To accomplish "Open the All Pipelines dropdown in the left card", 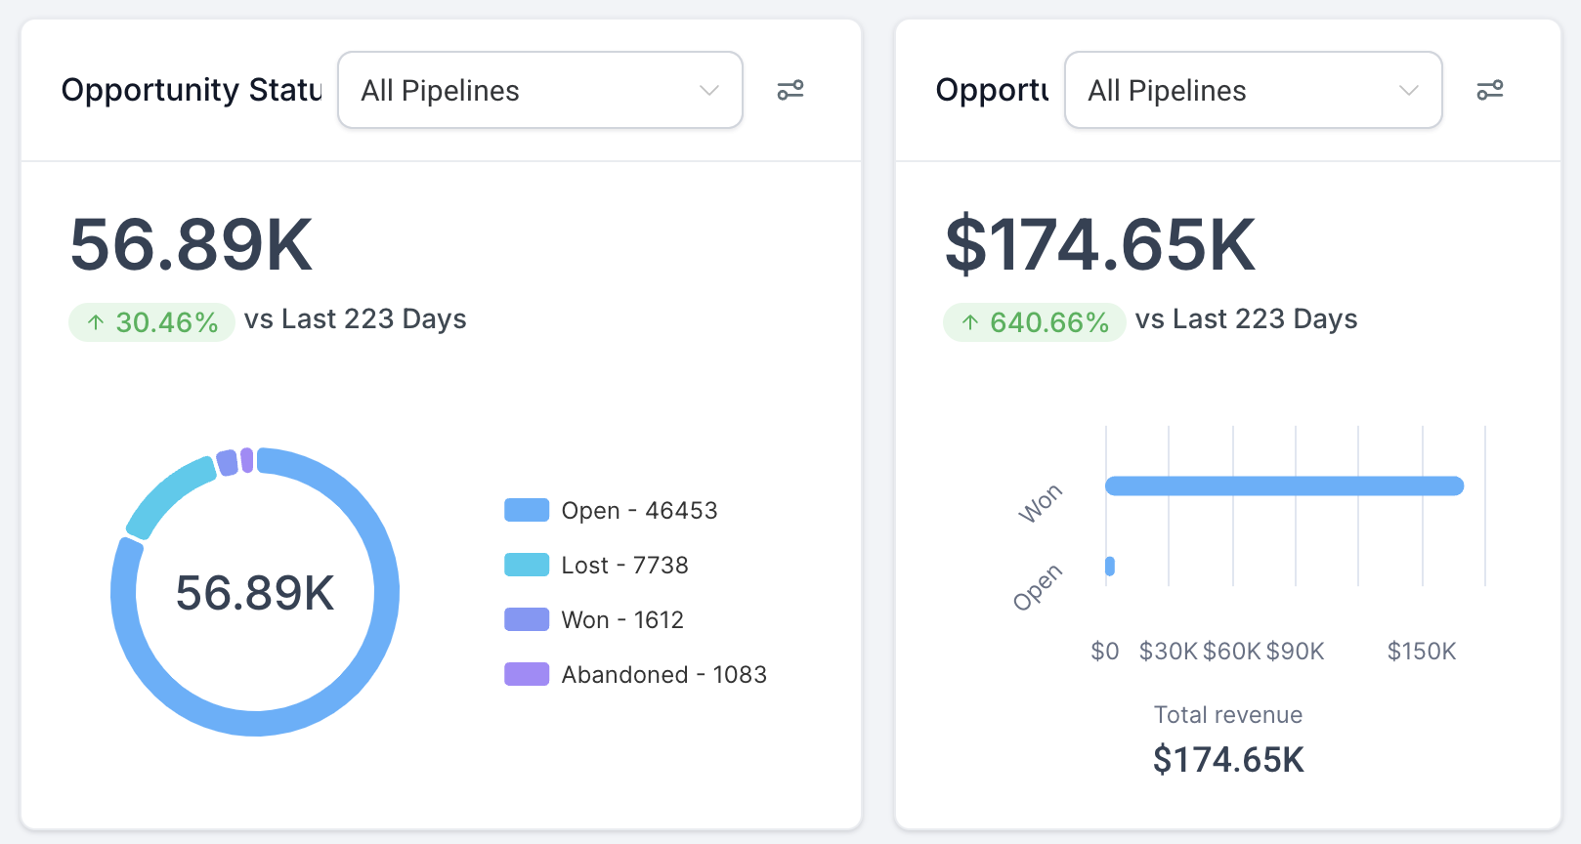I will pos(539,90).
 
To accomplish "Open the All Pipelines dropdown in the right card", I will pos(1253,90).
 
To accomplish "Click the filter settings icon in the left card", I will pos(790,90).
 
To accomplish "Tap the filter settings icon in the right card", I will pos(1489,90).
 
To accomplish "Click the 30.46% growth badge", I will pos(151,322).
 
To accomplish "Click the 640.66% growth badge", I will pos(1034,322).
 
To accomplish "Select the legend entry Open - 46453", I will pos(611,511).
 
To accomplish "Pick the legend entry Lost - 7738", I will pos(596,566).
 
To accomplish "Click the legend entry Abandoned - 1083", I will pos(635,675).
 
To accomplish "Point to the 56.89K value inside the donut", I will pos(255,593).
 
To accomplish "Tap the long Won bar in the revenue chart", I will pos(1284,485).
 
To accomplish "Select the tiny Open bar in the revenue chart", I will pos(1110,566).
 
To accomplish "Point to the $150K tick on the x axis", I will pos(1422,652).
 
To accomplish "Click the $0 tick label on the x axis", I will pos(1105,652).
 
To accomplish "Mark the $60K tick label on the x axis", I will pos(1232,652).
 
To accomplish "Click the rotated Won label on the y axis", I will pos(1040,503).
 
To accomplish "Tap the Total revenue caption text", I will pos(1228,715).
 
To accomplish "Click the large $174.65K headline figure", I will pos(1100,245).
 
